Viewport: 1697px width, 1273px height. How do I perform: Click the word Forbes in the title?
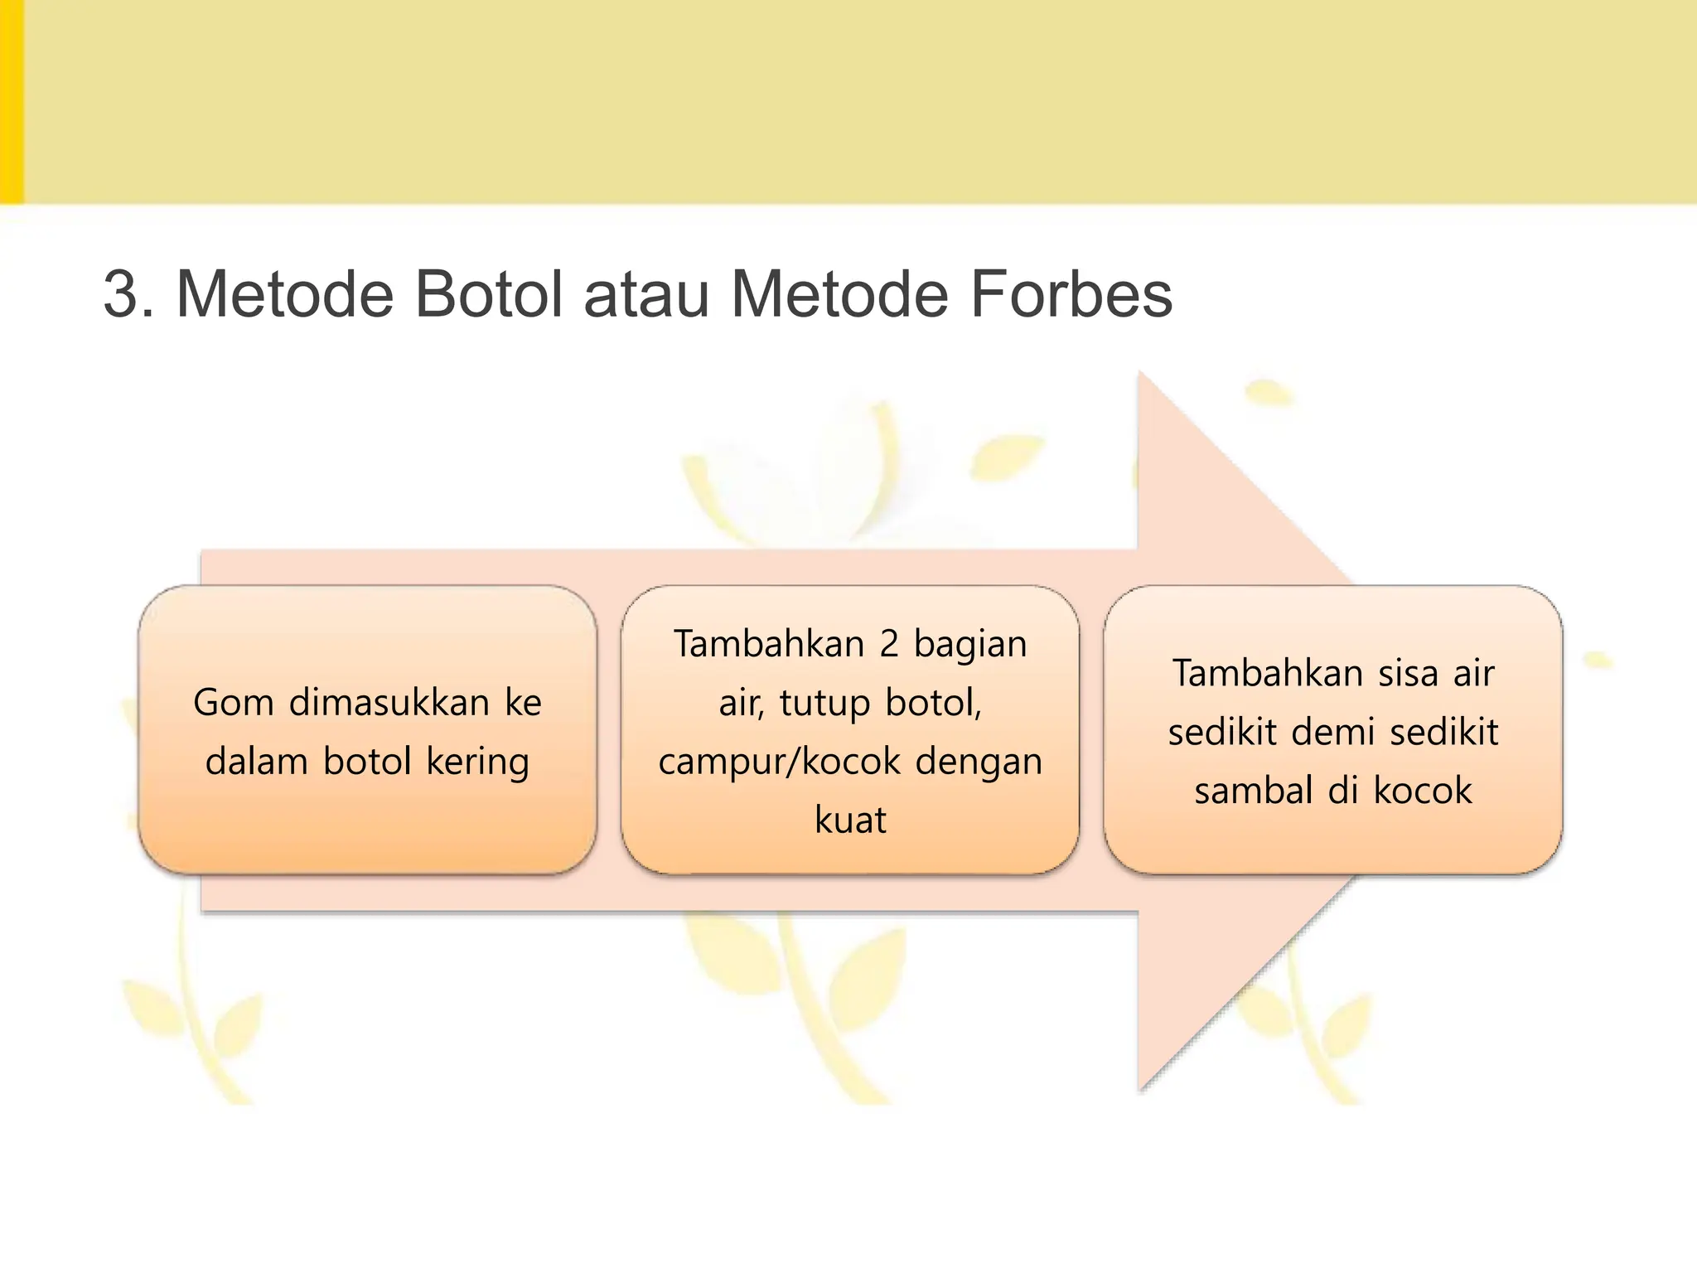pyautogui.click(x=1071, y=294)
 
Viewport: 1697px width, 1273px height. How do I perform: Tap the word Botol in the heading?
pyautogui.click(x=488, y=294)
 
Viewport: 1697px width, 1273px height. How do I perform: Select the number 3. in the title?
pyautogui.click(x=129, y=294)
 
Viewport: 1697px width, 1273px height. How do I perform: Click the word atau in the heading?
pyautogui.click(x=646, y=294)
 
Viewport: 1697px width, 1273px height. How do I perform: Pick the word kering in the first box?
pyautogui.click(x=477, y=762)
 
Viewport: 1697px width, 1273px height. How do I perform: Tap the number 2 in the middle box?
pyautogui.click(x=888, y=645)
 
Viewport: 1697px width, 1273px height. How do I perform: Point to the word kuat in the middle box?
pyautogui.click(x=850, y=820)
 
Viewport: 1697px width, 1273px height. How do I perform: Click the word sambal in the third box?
pyautogui.click(x=1254, y=791)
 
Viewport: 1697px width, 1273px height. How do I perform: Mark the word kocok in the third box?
pyautogui.click(x=1423, y=791)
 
